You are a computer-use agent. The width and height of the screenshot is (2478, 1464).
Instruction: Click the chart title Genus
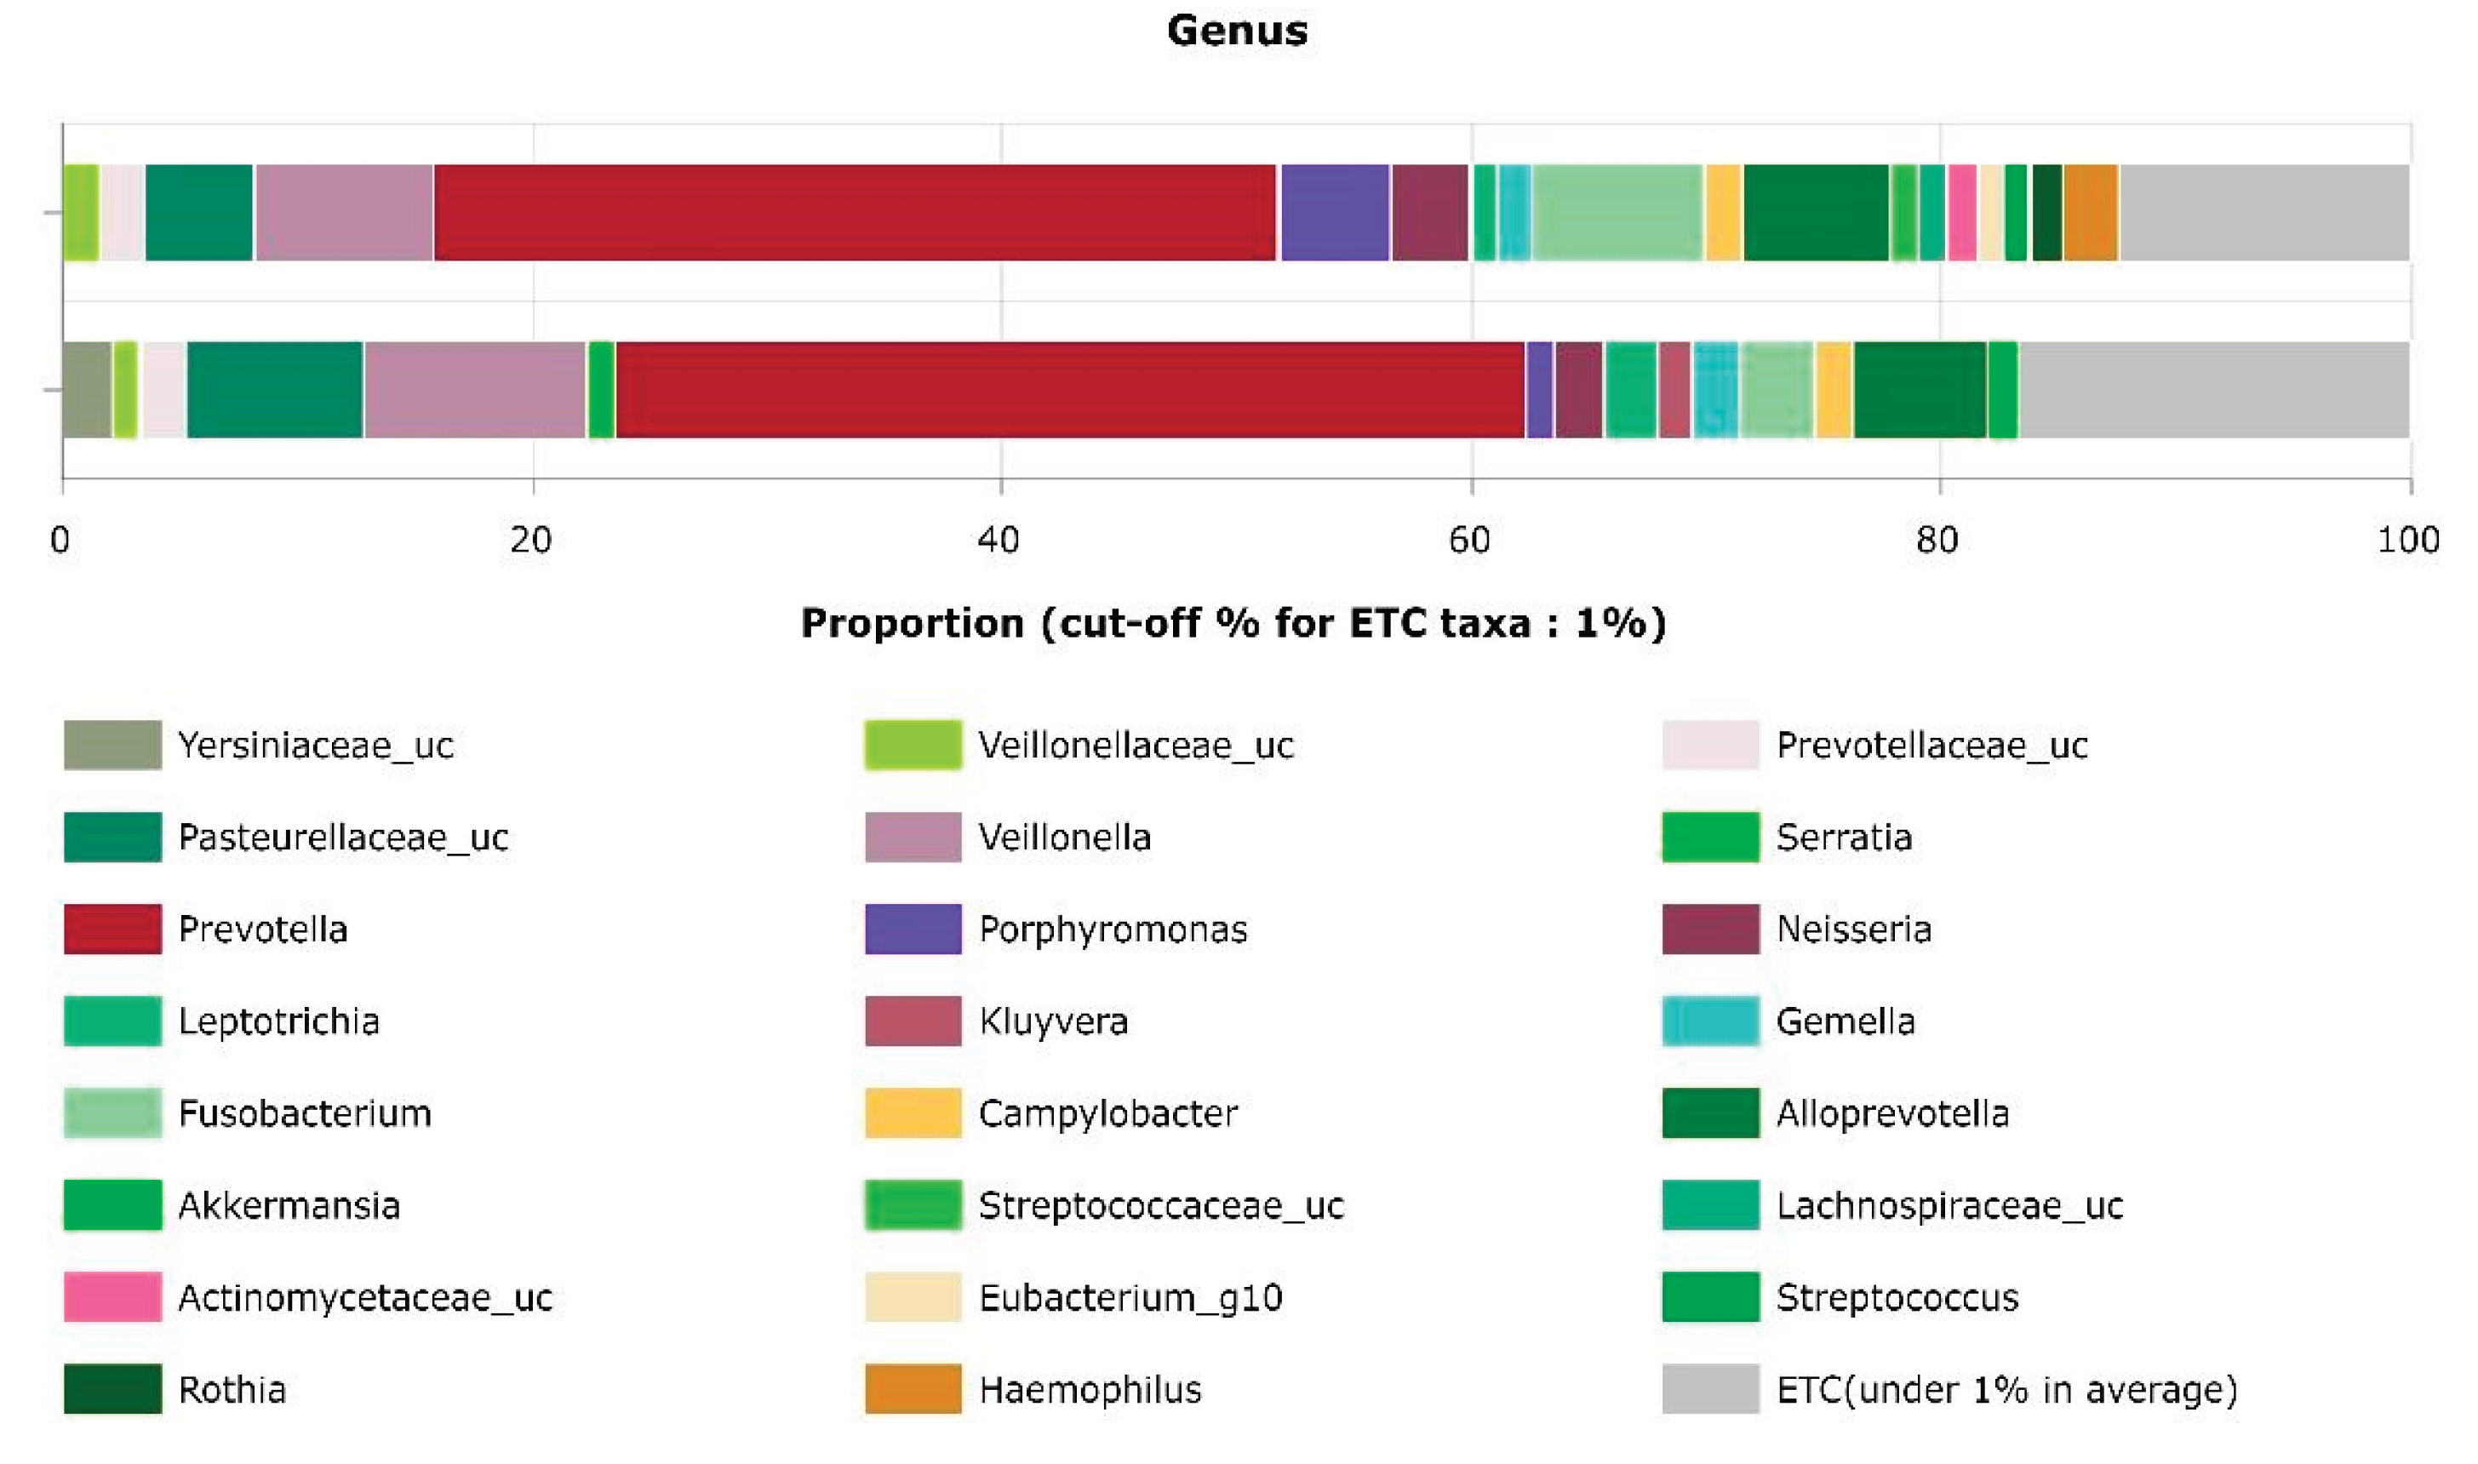click(x=1237, y=31)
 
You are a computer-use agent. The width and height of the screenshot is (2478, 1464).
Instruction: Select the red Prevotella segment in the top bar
click(x=855, y=212)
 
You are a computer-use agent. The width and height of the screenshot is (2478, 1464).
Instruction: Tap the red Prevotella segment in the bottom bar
click(x=1069, y=390)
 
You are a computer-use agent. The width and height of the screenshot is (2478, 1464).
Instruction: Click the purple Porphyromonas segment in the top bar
click(x=1335, y=212)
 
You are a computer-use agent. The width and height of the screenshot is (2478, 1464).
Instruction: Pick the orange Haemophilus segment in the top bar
click(x=2091, y=212)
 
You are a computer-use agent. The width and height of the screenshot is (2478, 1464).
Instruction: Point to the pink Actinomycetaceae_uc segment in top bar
click(x=1962, y=212)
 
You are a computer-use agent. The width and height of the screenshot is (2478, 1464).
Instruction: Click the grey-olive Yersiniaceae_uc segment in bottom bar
click(x=87, y=390)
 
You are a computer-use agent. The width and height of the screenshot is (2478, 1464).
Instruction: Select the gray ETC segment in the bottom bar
click(x=2213, y=390)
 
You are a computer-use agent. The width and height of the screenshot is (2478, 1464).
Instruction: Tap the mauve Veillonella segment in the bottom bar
click(x=474, y=390)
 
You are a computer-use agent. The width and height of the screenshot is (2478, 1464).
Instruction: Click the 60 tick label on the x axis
click(x=1469, y=540)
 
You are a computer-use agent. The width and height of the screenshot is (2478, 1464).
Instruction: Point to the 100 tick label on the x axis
click(x=2407, y=540)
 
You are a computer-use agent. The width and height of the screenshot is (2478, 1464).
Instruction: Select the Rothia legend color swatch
click(x=112, y=1388)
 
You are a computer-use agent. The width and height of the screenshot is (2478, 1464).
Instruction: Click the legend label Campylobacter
click(x=1107, y=1112)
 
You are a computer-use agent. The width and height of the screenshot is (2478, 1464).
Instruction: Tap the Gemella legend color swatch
click(x=1709, y=1021)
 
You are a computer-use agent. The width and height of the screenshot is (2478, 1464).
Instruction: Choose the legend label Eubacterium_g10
click(x=1130, y=1297)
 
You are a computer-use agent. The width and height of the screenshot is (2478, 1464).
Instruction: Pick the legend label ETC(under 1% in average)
click(x=2006, y=1389)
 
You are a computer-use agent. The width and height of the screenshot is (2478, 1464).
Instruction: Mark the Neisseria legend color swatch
click(x=1709, y=929)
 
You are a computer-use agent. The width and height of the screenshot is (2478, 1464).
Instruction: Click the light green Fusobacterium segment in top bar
click(x=1617, y=212)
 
